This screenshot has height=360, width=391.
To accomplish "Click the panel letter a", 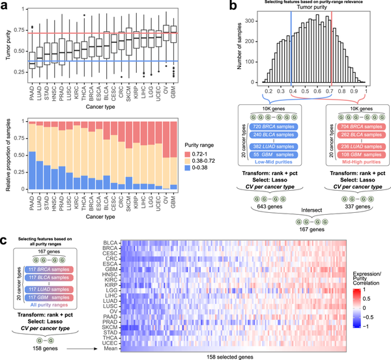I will [5, 5].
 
